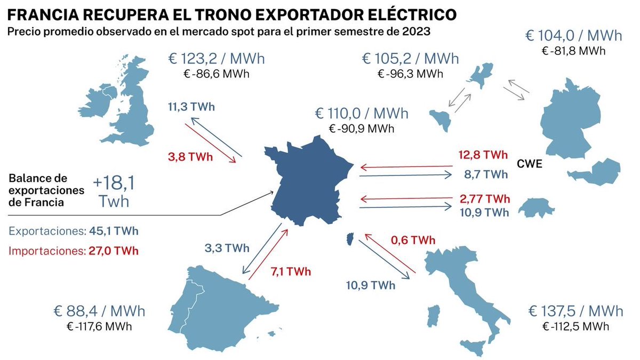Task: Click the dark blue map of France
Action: [307, 184]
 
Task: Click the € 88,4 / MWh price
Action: [99, 311]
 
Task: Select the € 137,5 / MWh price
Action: [575, 311]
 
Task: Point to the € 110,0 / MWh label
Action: [362, 113]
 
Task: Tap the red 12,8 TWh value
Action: [483, 155]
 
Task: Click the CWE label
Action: [529, 164]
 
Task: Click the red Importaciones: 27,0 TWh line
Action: [74, 250]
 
